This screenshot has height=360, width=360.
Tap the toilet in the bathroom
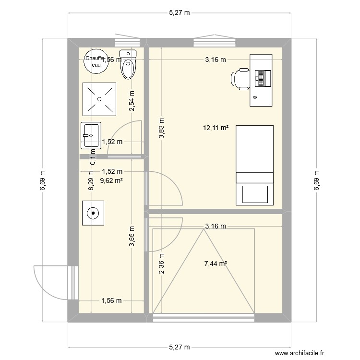[128, 65]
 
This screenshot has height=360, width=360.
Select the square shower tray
[99, 99]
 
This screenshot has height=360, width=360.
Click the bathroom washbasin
[90, 135]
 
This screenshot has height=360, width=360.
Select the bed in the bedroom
[254, 165]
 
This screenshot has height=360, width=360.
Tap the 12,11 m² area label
[216, 128]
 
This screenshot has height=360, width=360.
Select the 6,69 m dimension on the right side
[317, 180]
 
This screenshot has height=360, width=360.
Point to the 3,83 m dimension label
[162, 129]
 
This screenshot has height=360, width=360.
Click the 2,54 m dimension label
[132, 101]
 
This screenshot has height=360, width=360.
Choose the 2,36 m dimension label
[162, 264]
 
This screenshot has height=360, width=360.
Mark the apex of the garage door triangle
[204, 229]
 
